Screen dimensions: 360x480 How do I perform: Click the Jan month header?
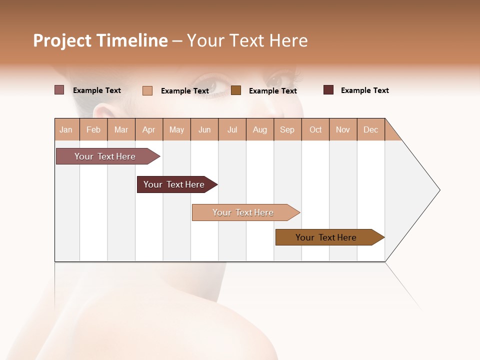[x=66, y=129]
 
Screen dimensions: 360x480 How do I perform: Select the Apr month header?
[x=148, y=129]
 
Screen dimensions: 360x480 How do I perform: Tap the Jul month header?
[x=232, y=129]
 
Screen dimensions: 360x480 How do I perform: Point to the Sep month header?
[x=287, y=129]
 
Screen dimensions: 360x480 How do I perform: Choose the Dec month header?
[x=370, y=129]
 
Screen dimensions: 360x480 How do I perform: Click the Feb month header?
[x=93, y=129]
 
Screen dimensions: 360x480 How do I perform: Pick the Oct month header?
[x=315, y=129]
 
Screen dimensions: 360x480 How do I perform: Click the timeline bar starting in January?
[x=105, y=156]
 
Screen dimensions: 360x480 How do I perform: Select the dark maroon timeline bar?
[x=174, y=184]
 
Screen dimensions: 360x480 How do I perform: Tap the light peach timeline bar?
[x=243, y=212]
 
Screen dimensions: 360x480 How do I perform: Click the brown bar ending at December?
[x=326, y=237]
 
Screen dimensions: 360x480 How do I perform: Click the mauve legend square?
[x=59, y=90]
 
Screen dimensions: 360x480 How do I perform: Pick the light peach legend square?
[x=147, y=90]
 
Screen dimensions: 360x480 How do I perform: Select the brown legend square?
[x=236, y=90]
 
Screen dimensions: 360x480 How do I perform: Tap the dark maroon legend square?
[x=328, y=90]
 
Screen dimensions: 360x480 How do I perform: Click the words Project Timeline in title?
[x=100, y=40]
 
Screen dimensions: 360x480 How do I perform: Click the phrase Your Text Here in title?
[x=247, y=40]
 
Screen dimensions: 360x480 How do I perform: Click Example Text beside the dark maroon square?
[x=364, y=90]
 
